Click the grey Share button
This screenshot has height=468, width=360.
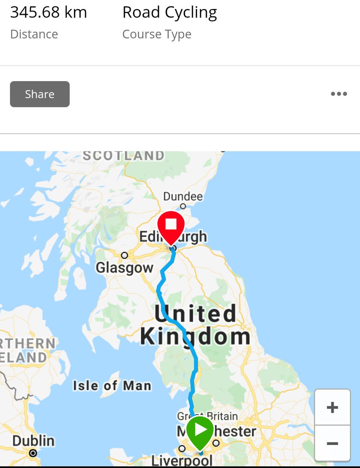[40, 94]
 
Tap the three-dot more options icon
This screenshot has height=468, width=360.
[339, 94]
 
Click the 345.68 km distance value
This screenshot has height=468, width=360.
[49, 13]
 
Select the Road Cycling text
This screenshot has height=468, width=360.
[169, 13]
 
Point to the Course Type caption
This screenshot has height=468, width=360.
[157, 34]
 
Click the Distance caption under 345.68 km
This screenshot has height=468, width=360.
[34, 34]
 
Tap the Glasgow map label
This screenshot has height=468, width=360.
[124, 268]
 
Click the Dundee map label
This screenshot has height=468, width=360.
[183, 196]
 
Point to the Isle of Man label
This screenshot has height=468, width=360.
[112, 386]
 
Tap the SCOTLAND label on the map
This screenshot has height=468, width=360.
[124, 156]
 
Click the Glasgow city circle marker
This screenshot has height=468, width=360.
[124, 255]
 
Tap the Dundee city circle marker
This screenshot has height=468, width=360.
[183, 206]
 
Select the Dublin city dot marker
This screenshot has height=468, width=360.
[33, 453]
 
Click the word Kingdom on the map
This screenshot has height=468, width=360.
[195, 337]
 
